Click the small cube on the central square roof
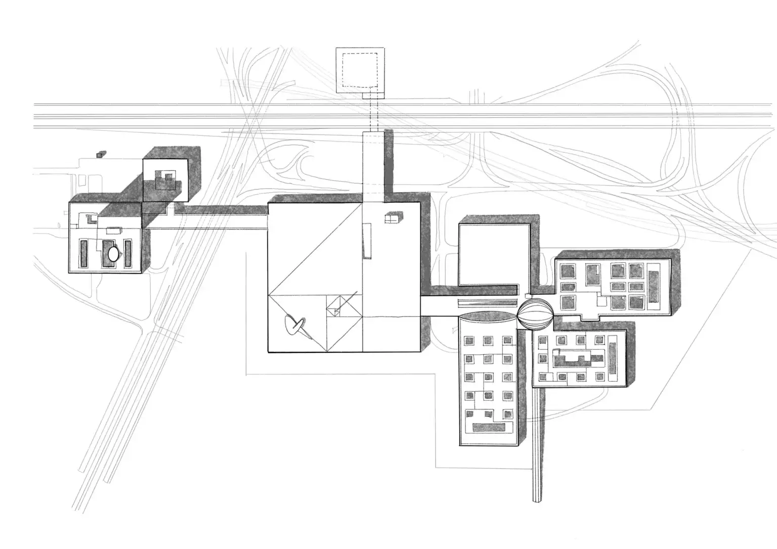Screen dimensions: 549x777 (392, 218)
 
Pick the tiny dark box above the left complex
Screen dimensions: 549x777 (102, 153)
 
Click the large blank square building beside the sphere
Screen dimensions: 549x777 (493, 255)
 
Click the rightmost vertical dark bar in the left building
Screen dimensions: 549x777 (128, 253)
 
